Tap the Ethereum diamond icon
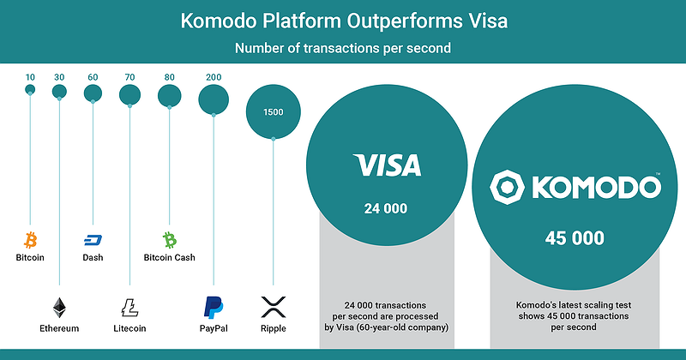click(x=59, y=307)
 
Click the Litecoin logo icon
click(x=129, y=307)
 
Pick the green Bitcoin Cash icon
click(x=169, y=239)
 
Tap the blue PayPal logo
click(x=214, y=307)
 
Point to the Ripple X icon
click(x=273, y=307)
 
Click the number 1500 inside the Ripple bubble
click(x=274, y=112)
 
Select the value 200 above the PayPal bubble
click(x=214, y=77)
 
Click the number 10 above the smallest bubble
click(x=30, y=77)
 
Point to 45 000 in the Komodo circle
click(x=575, y=238)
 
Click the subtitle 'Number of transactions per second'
click(x=343, y=49)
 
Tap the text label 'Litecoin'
click(x=129, y=328)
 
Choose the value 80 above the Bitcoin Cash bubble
click(x=169, y=77)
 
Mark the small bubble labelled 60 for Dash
click(x=93, y=93)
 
